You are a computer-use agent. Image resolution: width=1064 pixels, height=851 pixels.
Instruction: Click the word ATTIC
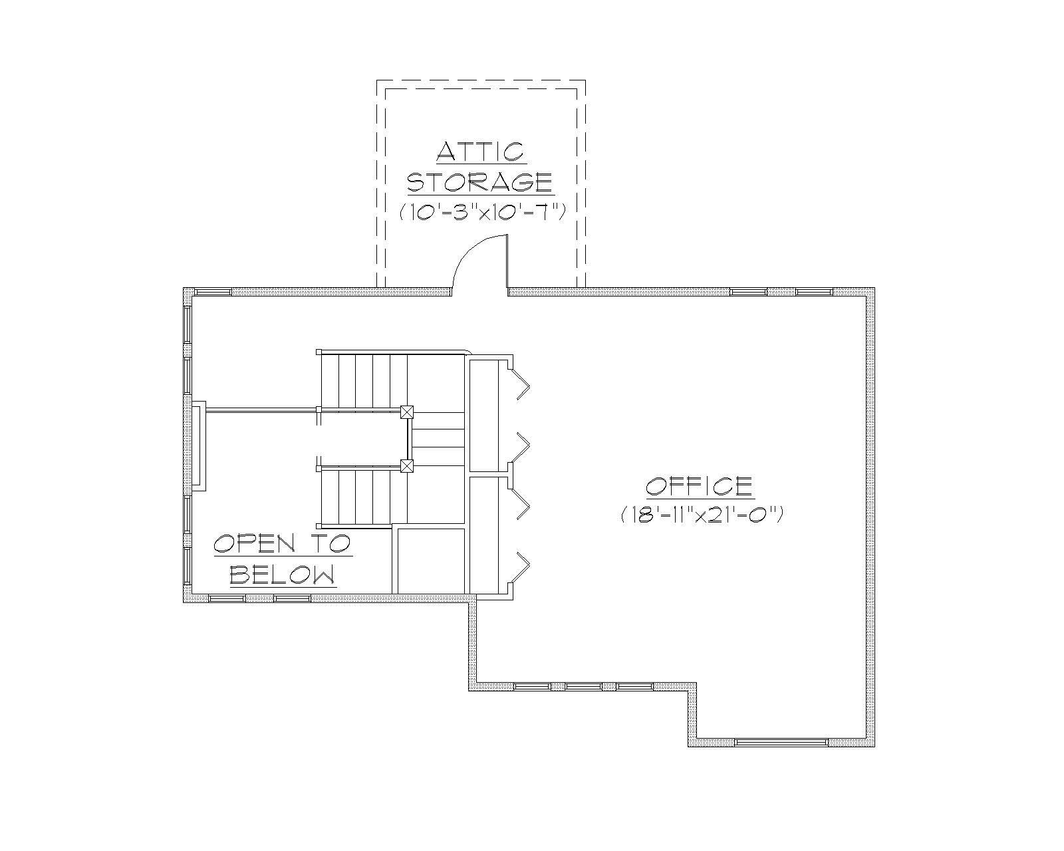click(481, 152)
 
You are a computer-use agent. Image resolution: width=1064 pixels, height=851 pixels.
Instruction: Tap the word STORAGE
click(479, 182)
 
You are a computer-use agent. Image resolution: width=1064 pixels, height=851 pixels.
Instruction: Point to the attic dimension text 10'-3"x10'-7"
click(482, 212)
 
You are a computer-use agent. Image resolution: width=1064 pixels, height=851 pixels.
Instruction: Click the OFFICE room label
click(700, 486)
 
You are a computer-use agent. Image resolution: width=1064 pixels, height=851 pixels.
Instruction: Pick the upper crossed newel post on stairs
click(407, 412)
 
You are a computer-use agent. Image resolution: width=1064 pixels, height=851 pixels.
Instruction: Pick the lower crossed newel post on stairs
click(407, 465)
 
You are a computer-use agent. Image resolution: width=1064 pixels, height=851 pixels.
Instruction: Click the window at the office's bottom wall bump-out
click(781, 742)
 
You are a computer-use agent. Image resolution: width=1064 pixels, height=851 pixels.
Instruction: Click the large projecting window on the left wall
click(198, 446)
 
